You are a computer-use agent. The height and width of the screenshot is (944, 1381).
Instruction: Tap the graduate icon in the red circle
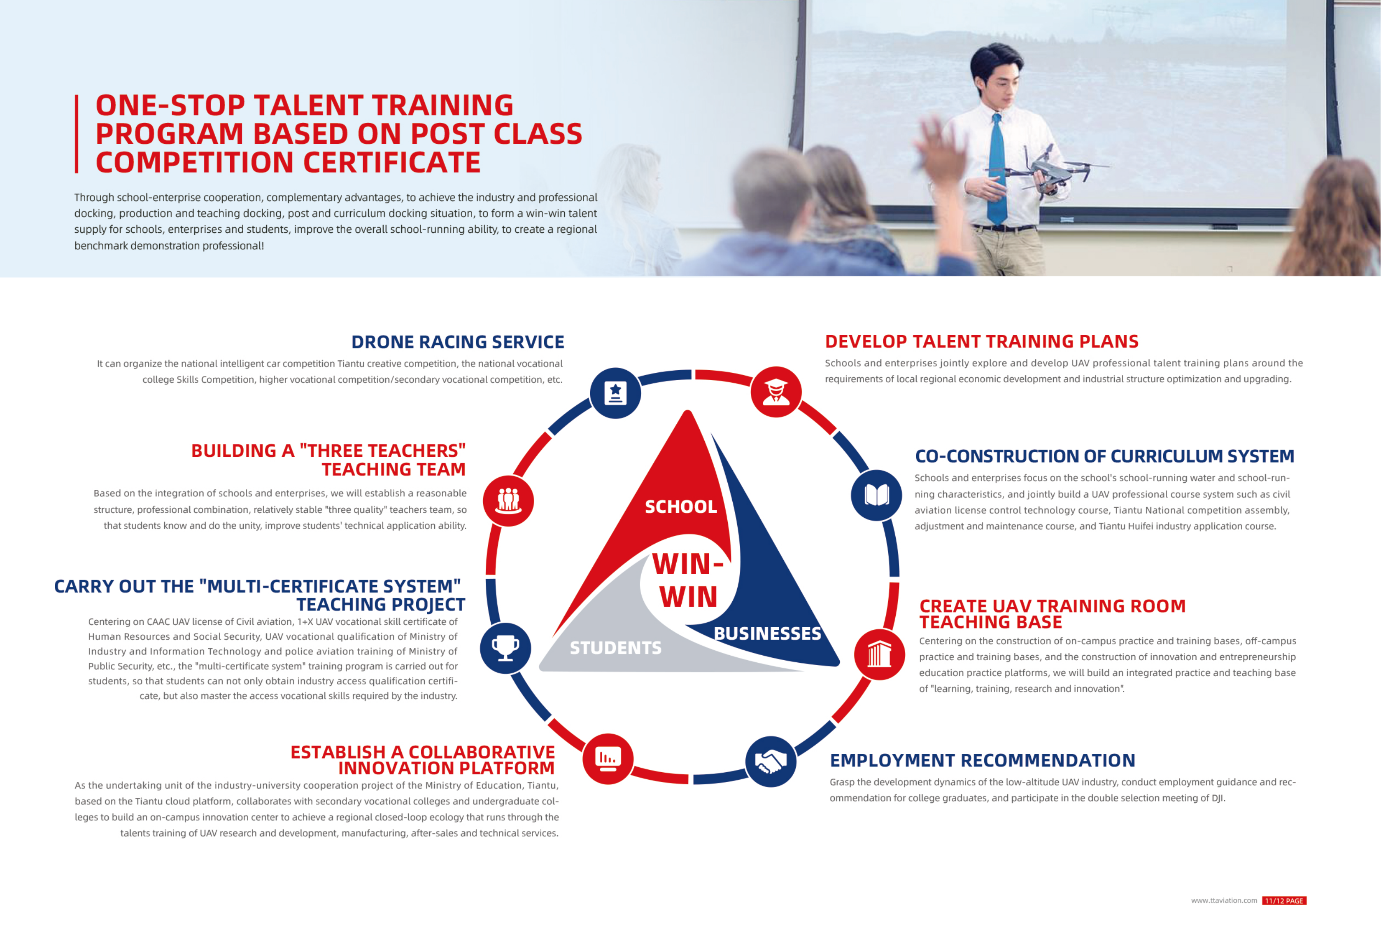[x=776, y=392]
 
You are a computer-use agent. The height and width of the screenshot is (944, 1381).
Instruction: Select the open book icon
[x=876, y=495]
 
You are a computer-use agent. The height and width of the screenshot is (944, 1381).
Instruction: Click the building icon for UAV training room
[x=880, y=654]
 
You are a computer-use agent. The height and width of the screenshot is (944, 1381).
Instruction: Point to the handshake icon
[x=771, y=762]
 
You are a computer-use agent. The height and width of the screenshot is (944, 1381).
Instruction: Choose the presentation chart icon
[x=608, y=759]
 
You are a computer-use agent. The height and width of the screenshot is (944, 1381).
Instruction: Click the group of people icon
[x=508, y=500]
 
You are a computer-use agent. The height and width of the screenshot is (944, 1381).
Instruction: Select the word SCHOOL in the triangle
[x=681, y=507]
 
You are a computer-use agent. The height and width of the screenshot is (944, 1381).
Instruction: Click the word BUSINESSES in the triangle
[x=767, y=634]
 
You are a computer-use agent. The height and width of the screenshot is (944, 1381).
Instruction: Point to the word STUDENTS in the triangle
[x=616, y=647]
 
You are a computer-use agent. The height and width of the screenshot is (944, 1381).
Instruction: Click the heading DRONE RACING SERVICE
[x=458, y=342]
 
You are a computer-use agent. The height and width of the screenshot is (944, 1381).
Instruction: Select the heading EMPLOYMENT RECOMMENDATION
[x=982, y=760]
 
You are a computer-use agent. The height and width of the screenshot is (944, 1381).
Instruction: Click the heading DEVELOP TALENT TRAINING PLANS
[x=982, y=341]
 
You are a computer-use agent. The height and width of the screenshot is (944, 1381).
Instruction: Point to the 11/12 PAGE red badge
[x=1284, y=901]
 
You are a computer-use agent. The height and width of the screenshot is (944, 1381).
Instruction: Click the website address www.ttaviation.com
[x=1224, y=901]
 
